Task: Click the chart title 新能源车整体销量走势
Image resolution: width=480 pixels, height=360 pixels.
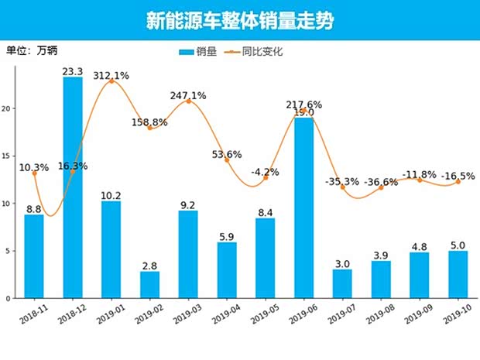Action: pyautogui.click(x=240, y=21)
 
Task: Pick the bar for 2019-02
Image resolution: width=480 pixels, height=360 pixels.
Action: pyautogui.click(x=149, y=284)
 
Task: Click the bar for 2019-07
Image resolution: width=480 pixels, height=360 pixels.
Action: pyautogui.click(x=342, y=283)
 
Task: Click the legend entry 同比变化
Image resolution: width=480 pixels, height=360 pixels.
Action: pyautogui.click(x=254, y=52)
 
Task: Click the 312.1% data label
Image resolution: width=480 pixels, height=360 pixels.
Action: pyautogui.click(x=111, y=75)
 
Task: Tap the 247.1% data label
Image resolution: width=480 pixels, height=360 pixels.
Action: pyautogui.click(x=188, y=95)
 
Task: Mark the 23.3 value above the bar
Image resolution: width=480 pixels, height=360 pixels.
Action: pyautogui.click(x=73, y=71)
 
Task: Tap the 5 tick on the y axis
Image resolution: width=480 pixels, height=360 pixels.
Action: pyautogui.click(x=11, y=251)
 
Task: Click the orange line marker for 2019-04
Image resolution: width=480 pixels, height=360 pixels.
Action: pyautogui.click(x=227, y=159)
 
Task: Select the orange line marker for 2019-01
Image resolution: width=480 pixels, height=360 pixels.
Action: pyautogui.click(x=111, y=81)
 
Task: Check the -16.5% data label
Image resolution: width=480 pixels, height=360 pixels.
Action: pyautogui.click(x=457, y=176)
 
